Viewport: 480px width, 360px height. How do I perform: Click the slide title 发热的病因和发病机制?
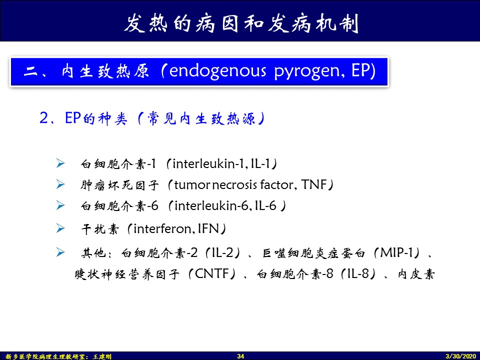click(x=241, y=23)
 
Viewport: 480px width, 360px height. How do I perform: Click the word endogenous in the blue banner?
click(x=217, y=71)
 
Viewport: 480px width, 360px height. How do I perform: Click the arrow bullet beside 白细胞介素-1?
click(x=60, y=163)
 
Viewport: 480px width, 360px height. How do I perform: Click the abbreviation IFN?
click(x=209, y=228)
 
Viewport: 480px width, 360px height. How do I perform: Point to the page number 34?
click(x=240, y=356)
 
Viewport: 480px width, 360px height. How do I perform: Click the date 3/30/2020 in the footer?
click(x=461, y=356)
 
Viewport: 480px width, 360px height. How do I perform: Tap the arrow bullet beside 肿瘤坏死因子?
click(x=60, y=184)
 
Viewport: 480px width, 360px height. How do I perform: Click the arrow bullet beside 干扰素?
click(x=60, y=228)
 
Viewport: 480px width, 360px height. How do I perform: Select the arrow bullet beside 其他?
click(x=60, y=252)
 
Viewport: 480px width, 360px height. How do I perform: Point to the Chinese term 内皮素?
click(x=416, y=274)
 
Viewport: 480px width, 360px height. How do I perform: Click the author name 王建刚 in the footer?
click(x=102, y=356)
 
